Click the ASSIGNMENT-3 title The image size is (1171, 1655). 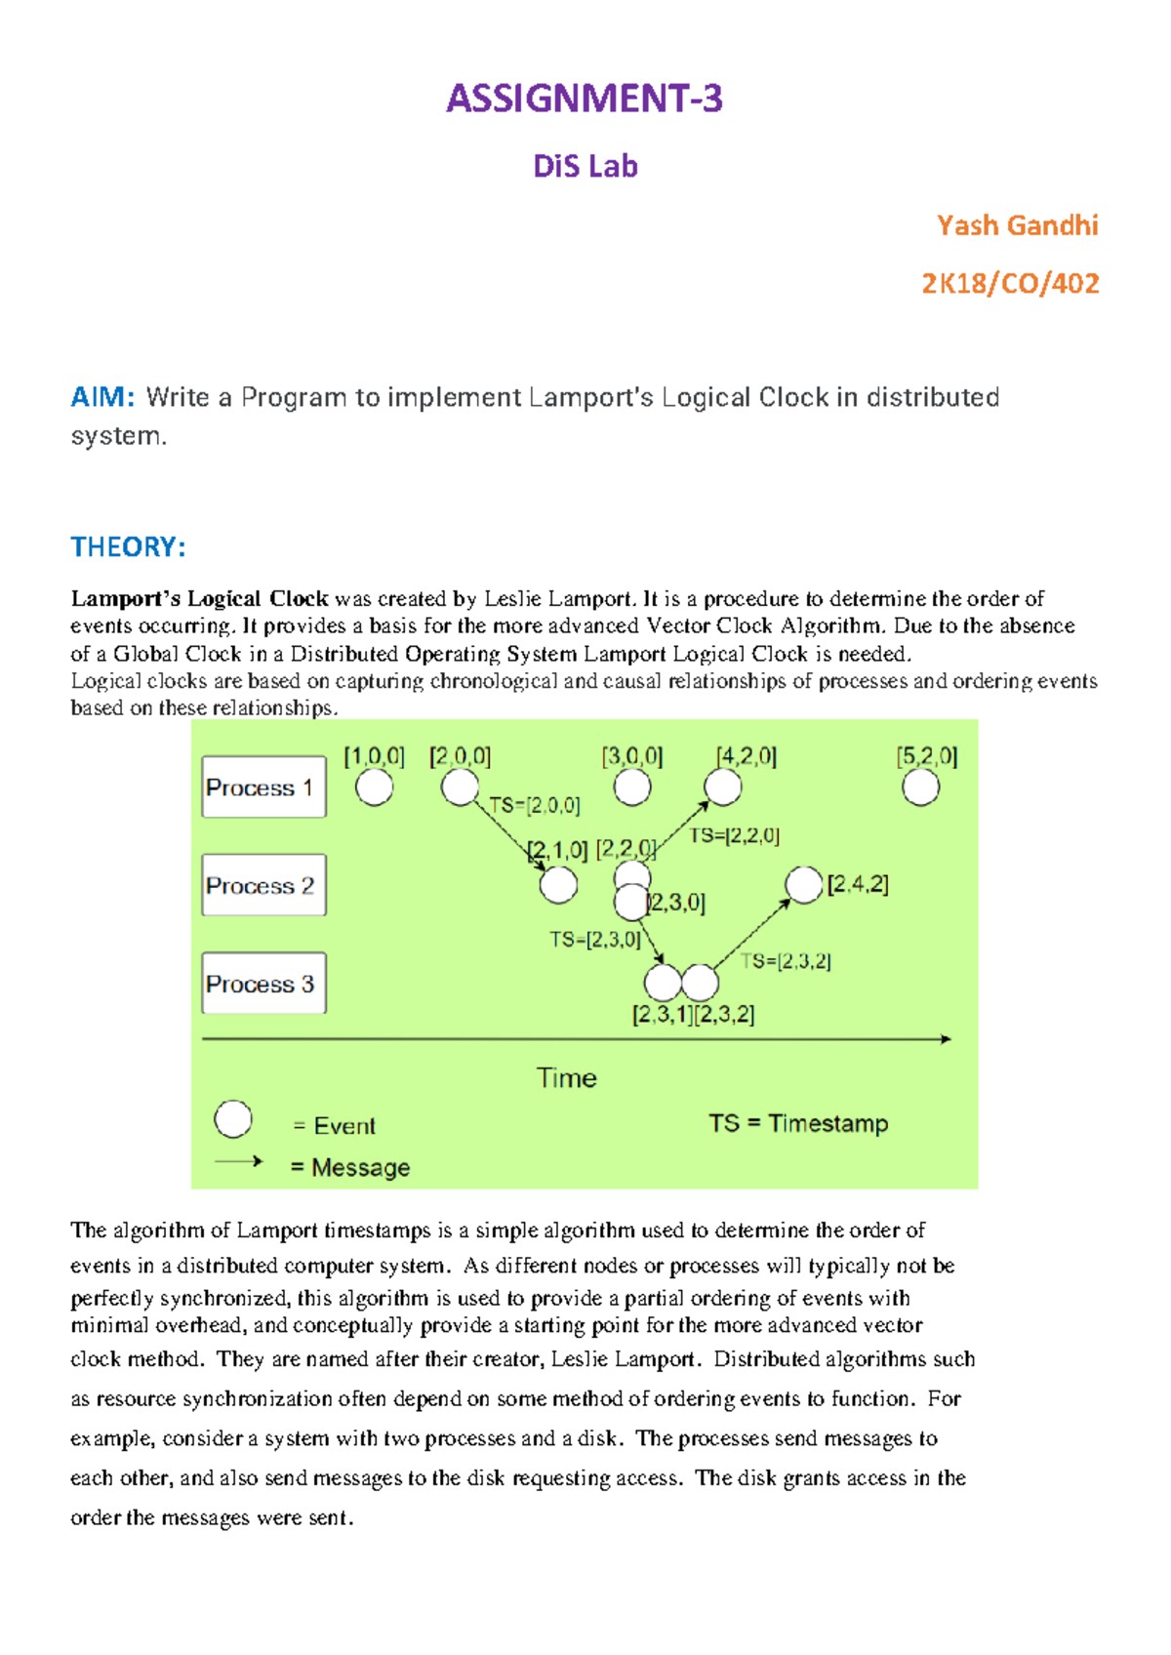coord(584,99)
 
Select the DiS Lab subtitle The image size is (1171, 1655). coord(585,166)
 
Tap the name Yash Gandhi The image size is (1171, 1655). coord(1017,225)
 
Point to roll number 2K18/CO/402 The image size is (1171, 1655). coord(1010,283)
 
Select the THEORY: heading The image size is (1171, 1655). coord(128,546)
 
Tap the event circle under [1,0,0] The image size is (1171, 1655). coord(374,787)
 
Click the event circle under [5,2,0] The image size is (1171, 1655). coord(920,787)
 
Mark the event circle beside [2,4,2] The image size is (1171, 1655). coord(803,885)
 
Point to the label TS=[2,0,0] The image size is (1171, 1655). coord(535,805)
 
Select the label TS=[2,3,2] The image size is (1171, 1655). coord(786,961)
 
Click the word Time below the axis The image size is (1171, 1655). coord(566,1077)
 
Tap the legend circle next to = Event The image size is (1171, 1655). coord(233,1119)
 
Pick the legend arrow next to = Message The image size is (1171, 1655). coord(239,1161)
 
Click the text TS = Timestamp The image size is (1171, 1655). coord(798,1123)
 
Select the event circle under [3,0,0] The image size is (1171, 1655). coord(632,787)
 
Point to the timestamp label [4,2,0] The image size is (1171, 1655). coord(746,756)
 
